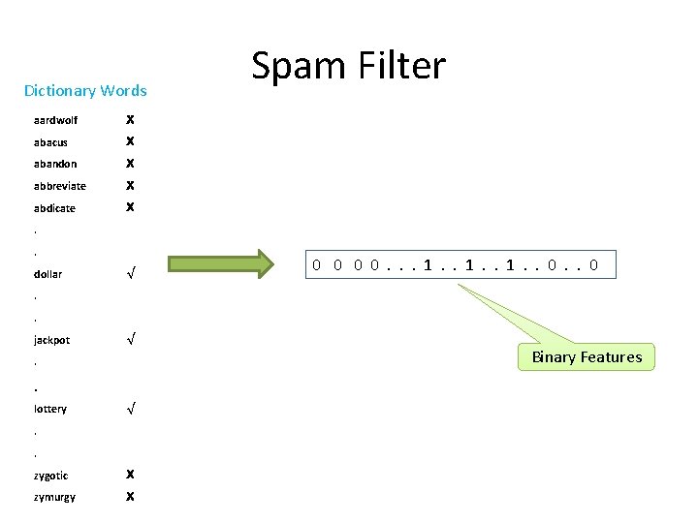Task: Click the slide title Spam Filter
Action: (349, 66)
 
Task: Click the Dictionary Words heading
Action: (85, 91)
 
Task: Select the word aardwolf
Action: (55, 121)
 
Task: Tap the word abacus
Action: (50, 142)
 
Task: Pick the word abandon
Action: (55, 164)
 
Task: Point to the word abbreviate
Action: (59, 186)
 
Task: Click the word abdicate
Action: (54, 208)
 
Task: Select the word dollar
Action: (48, 274)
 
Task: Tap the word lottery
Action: (50, 409)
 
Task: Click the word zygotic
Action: (50, 476)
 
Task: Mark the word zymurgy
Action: (54, 497)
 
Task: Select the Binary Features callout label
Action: (587, 357)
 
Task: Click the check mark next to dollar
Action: (131, 274)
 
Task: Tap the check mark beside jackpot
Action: (131, 340)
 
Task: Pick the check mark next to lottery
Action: (131, 409)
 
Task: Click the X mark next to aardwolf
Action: (131, 121)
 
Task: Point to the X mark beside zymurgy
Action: (131, 497)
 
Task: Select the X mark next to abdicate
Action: (131, 208)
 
